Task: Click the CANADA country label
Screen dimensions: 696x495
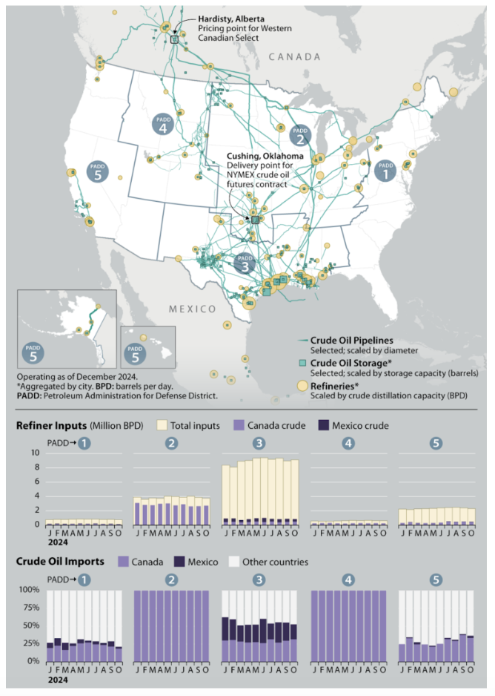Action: click(x=294, y=56)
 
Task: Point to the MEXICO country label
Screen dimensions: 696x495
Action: click(x=191, y=309)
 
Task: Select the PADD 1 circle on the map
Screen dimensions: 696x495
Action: click(x=385, y=171)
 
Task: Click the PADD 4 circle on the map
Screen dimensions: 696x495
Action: click(x=163, y=125)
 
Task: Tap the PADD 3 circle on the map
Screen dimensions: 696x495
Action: click(x=245, y=263)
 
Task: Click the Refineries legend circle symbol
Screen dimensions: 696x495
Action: click(x=302, y=386)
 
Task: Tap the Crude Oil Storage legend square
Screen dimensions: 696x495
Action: click(x=302, y=363)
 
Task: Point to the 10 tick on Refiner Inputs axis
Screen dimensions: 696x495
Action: click(x=34, y=453)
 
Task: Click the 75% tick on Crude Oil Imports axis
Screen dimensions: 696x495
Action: click(x=30, y=608)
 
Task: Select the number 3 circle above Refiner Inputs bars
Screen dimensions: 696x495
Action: click(x=258, y=443)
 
